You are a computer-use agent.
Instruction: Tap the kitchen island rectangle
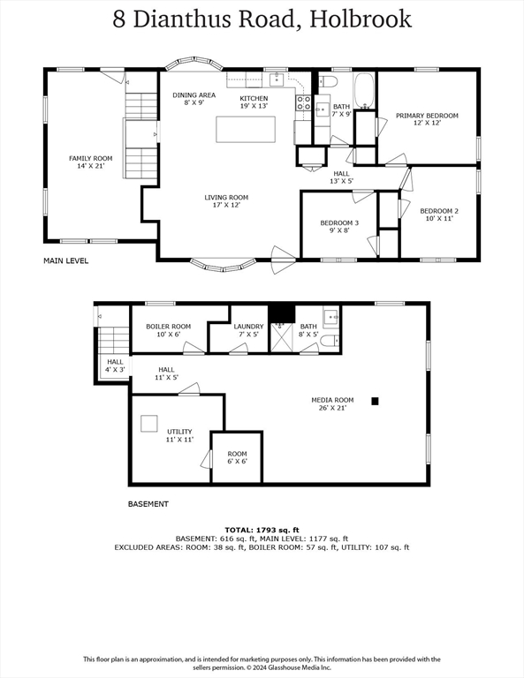point(246,129)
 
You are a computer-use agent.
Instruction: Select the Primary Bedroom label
point(427,119)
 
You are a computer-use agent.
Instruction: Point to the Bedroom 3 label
point(339,227)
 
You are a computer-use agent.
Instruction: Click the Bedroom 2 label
point(439,215)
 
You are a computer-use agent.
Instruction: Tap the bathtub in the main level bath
point(364,91)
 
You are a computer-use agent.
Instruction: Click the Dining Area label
point(194,99)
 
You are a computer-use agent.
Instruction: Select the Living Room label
point(226,201)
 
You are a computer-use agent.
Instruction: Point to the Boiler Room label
point(168,330)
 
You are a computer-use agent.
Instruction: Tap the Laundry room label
point(248,330)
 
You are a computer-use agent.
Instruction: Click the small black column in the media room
point(375,401)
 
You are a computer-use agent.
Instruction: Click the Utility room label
point(179,435)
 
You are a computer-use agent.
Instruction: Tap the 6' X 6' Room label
point(237,457)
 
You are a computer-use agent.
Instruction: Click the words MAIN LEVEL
point(66,261)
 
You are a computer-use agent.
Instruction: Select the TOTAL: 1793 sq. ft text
point(262,530)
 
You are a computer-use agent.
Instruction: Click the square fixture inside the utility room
point(150,423)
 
